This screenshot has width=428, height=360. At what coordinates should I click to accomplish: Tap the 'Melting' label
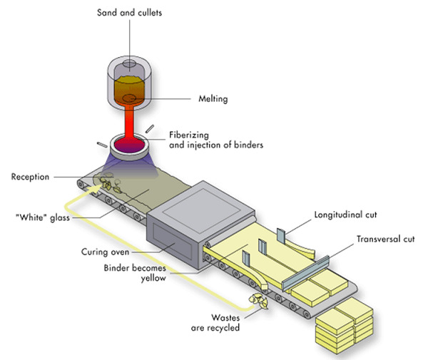(213, 99)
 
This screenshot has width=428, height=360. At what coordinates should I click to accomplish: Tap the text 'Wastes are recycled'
(217, 323)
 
